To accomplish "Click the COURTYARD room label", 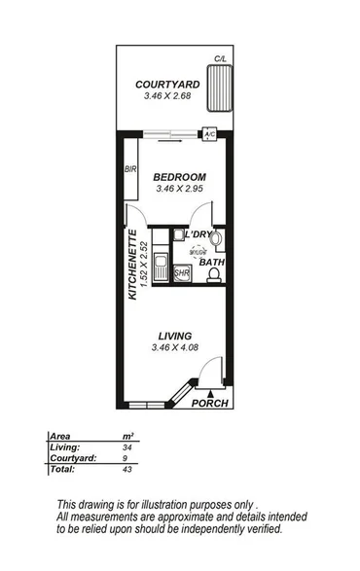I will click(162, 86).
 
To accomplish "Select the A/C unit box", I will click(209, 135).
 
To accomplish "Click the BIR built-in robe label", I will click(129, 170).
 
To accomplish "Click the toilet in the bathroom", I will click(212, 275).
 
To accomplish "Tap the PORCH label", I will click(209, 404).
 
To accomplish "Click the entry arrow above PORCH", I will click(210, 391).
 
